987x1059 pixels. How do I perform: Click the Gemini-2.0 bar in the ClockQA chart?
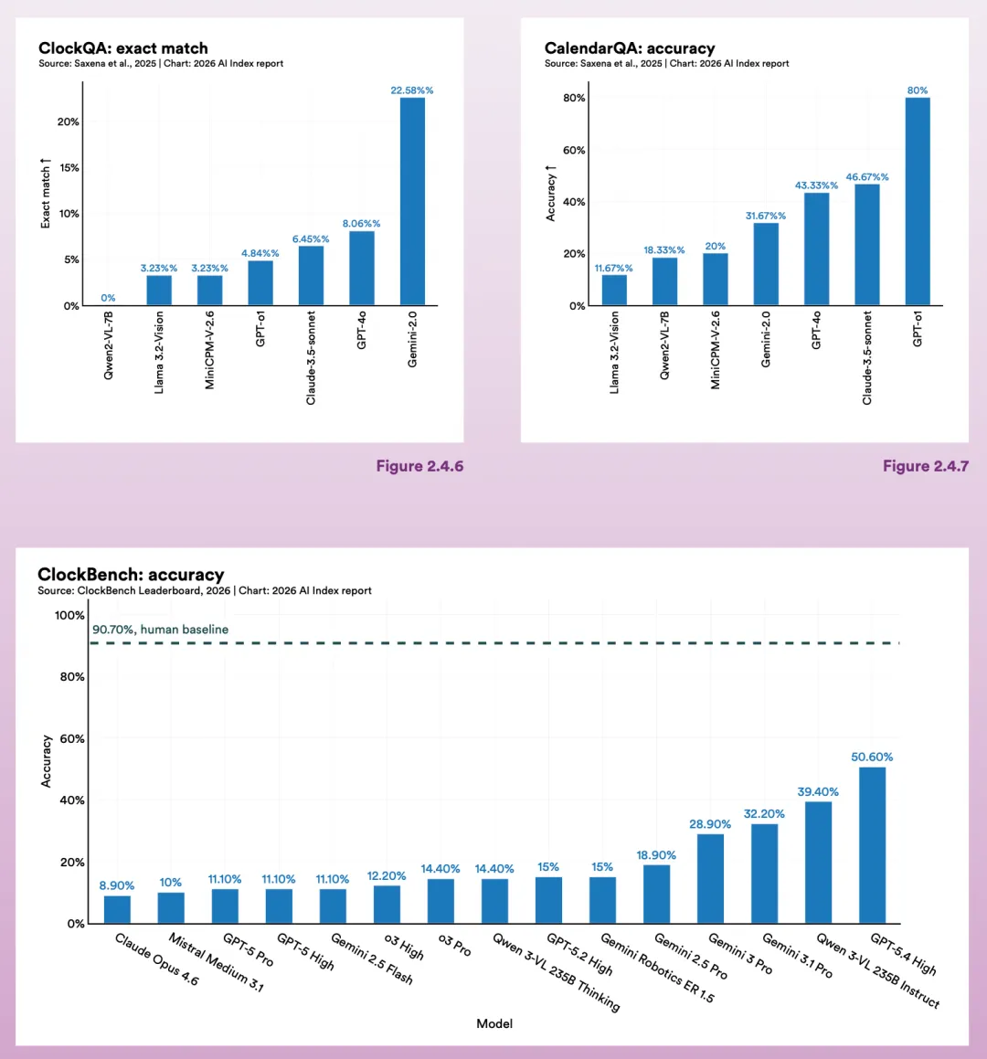coord(412,201)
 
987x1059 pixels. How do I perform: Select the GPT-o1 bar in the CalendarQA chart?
coord(918,201)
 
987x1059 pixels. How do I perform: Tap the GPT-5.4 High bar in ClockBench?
coord(872,845)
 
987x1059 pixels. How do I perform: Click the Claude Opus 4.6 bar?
coord(117,909)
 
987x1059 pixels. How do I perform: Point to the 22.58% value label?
coord(412,90)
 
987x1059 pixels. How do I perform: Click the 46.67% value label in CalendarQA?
coord(867,177)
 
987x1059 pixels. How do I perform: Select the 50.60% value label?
coord(872,757)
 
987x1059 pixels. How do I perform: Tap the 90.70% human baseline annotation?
coord(161,630)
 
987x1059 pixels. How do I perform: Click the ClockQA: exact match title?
coord(123,48)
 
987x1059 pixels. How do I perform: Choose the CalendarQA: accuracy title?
coord(630,48)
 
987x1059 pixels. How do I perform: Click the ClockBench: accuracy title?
coord(131,575)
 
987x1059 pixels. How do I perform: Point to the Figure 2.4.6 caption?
coord(419,466)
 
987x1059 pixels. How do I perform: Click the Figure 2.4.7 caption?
coord(926,466)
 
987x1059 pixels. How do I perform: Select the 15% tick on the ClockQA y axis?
coord(69,168)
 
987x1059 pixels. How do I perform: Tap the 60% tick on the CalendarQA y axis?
coord(574,150)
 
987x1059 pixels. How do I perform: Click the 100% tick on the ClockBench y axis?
coord(69,616)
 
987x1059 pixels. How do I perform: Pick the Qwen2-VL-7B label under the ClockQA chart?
coord(109,345)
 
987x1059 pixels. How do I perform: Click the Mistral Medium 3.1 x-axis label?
coord(216,962)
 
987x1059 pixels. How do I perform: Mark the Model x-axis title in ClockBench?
coord(494,1023)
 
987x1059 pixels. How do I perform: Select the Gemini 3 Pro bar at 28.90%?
coord(710,878)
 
